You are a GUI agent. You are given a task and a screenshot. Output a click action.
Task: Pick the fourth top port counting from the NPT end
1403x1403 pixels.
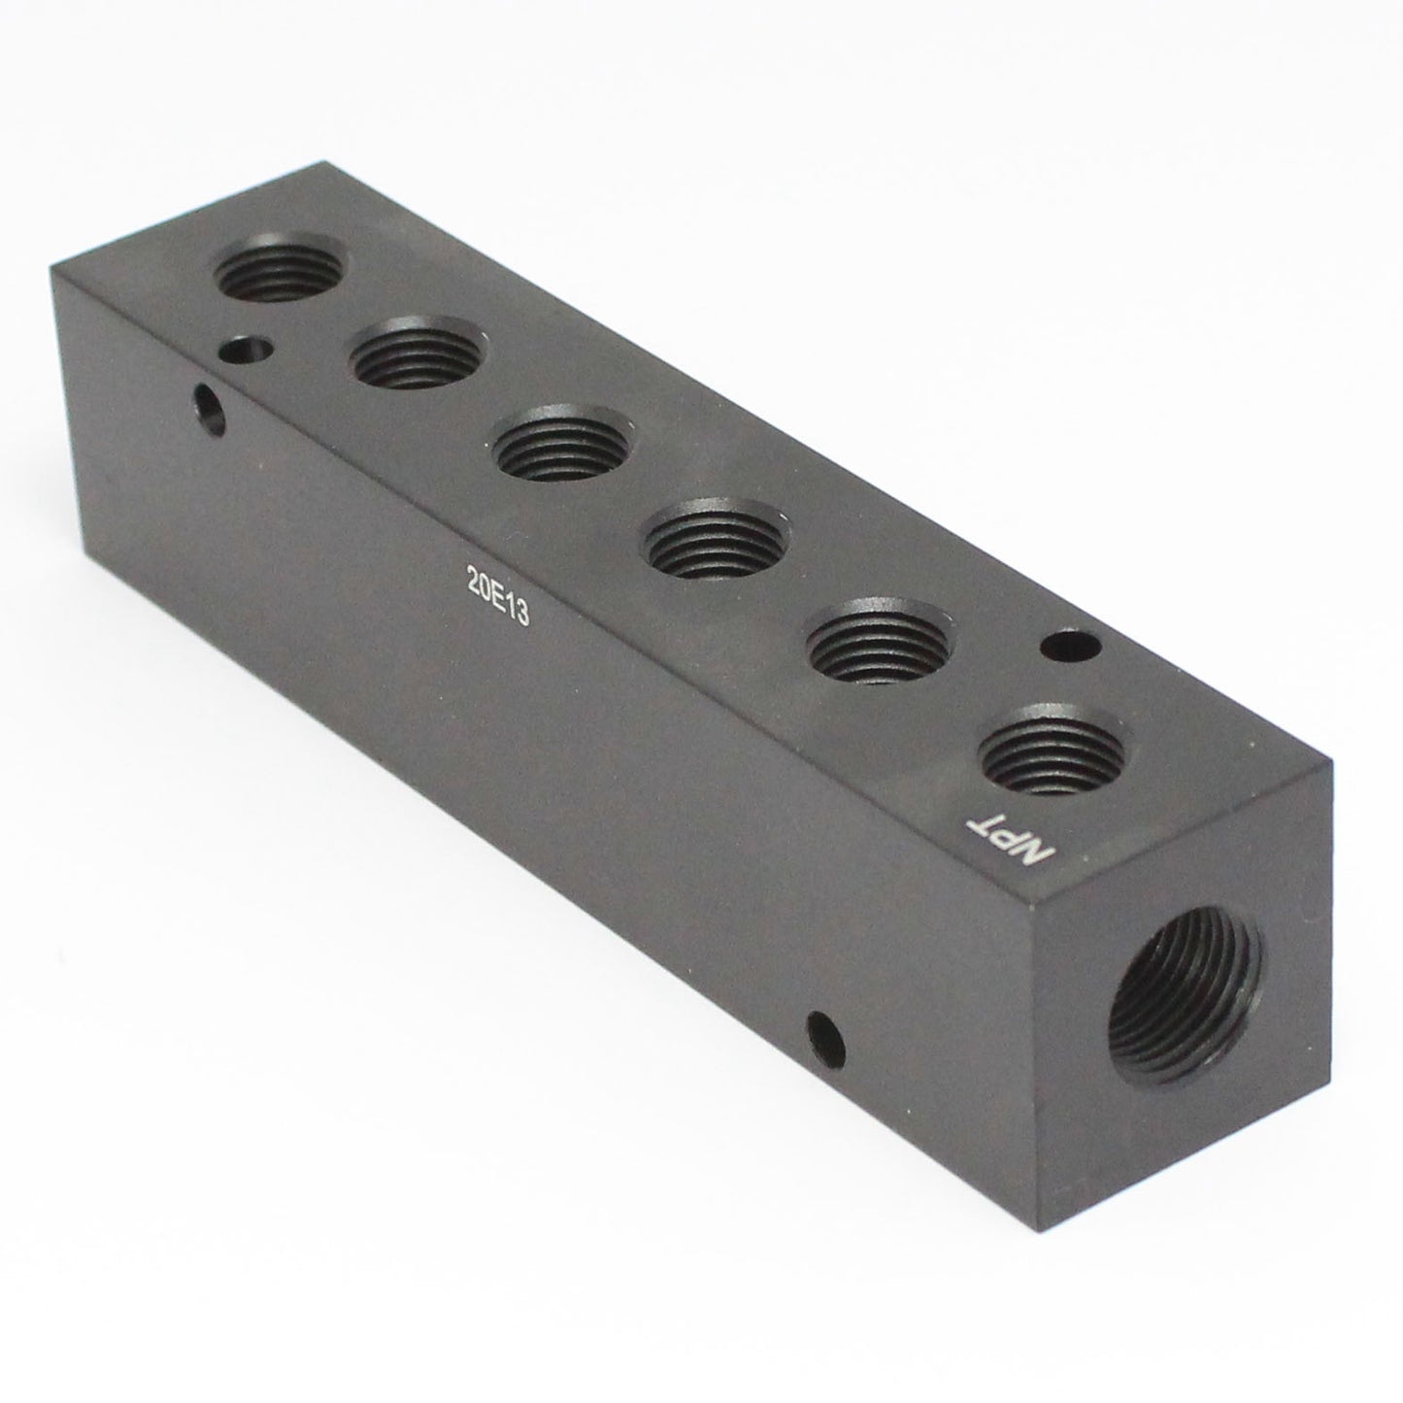(x=560, y=451)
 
